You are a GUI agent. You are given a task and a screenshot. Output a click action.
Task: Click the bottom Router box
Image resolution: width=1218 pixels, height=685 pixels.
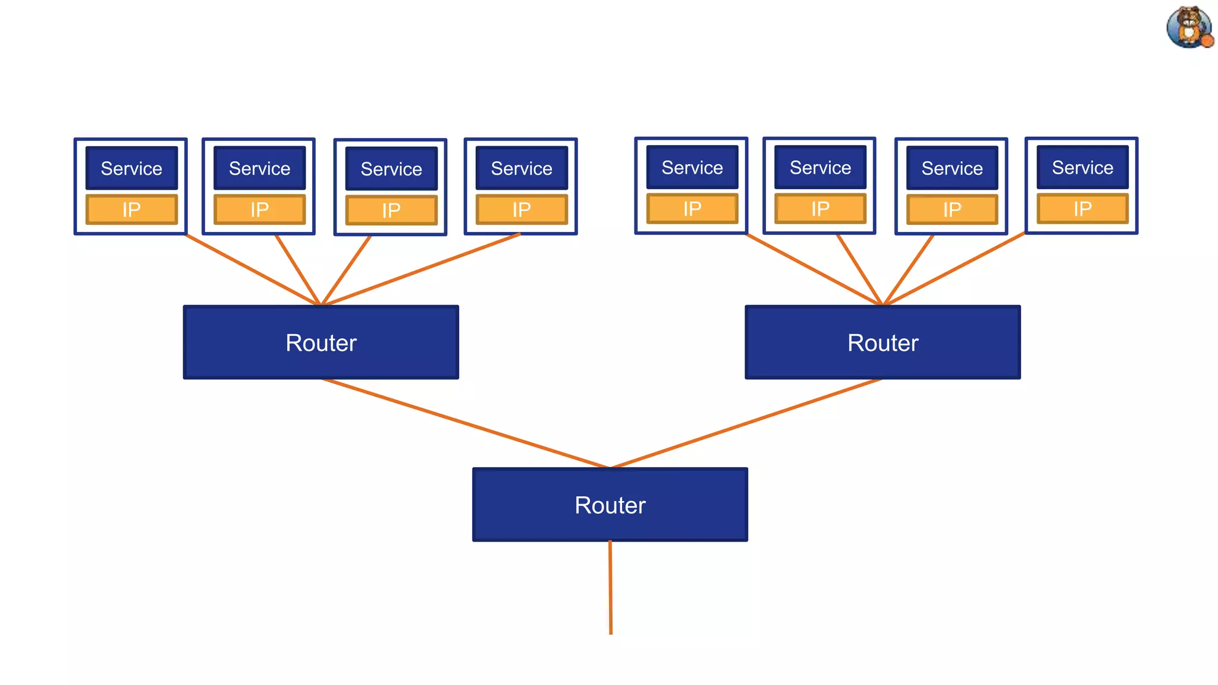click(x=610, y=504)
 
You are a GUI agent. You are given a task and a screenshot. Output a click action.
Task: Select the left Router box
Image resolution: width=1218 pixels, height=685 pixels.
click(x=321, y=342)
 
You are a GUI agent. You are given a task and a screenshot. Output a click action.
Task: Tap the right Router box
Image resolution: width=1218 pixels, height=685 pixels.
click(x=883, y=342)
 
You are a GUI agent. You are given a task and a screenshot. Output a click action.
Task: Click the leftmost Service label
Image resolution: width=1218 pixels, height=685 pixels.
click(x=131, y=168)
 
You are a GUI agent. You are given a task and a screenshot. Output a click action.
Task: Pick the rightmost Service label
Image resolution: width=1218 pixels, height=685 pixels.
click(x=1082, y=168)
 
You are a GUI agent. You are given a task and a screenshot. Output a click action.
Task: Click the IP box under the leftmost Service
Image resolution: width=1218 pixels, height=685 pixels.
click(x=131, y=209)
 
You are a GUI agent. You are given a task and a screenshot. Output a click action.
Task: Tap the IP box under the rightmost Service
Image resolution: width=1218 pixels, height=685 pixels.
click(x=1082, y=209)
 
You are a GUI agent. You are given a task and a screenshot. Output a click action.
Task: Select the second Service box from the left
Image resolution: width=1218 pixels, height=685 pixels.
click(x=259, y=168)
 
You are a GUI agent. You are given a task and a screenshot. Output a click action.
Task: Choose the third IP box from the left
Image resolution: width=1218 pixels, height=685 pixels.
click(x=391, y=210)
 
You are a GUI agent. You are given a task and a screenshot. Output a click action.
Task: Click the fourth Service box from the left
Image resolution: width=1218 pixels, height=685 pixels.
click(x=521, y=168)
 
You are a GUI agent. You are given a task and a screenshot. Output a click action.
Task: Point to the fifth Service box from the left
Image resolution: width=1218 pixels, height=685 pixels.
click(x=692, y=168)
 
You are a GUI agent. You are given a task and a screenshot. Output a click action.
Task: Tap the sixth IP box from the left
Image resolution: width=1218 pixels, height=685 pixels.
click(x=820, y=209)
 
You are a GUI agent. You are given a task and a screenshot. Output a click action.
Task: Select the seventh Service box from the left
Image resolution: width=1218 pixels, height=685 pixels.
click(x=952, y=168)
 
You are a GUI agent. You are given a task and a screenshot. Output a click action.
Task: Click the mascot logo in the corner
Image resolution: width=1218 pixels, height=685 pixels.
click(x=1189, y=27)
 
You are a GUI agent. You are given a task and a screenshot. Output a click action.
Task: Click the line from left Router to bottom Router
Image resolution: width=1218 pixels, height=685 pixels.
click(x=466, y=423)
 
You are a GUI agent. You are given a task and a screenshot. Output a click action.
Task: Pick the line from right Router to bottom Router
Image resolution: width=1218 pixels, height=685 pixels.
click(x=746, y=423)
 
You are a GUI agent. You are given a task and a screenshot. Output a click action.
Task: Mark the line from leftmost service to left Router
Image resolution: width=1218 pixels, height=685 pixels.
click(x=253, y=270)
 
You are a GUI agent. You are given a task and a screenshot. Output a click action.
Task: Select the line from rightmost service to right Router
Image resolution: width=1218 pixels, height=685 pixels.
click(x=955, y=269)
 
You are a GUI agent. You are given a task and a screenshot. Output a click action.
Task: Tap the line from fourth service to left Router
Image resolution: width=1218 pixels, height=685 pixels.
click(x=420, y=269)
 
